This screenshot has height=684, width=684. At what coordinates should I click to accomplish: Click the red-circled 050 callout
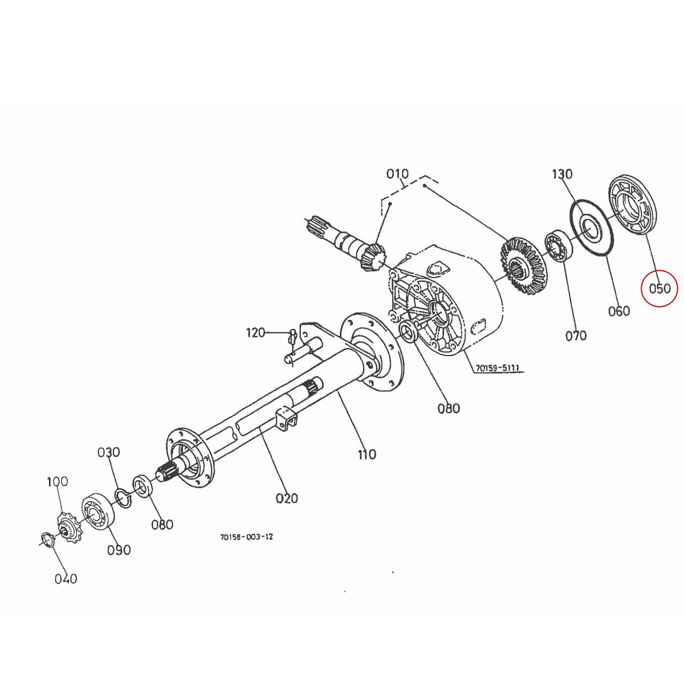tap(659, 289)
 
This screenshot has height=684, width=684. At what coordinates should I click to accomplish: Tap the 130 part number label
tap(562, 174)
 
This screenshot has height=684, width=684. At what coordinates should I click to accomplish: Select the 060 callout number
tap(618, 311)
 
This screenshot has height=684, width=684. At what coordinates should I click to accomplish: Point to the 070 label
tap(576, 336)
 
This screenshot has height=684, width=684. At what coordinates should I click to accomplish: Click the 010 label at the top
tap(397, 174)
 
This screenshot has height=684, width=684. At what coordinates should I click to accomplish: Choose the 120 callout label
tap(256, 332)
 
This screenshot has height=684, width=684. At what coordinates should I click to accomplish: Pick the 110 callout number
tap(367, 454)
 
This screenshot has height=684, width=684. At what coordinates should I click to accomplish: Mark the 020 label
tap(287, 498)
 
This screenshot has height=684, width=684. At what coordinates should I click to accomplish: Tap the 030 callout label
tap(108, 452)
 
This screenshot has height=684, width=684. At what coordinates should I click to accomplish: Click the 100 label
tap(57, 482)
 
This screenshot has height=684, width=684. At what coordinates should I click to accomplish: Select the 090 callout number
tap(119, 550)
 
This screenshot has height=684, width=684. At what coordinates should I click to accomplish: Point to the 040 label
tap(66, 579)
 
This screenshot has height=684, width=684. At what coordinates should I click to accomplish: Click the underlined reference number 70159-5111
tap(497, 368)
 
